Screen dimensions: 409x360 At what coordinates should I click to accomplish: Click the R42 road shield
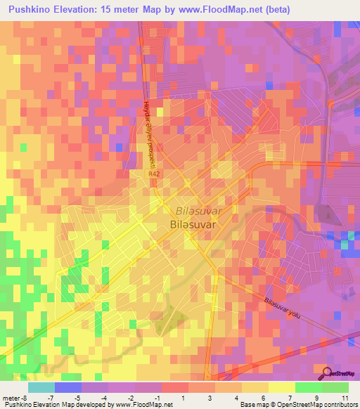click(153, 173)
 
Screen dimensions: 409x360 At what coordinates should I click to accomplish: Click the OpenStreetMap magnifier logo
click(328, 373)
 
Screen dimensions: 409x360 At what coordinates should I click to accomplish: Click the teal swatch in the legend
click(41, 387)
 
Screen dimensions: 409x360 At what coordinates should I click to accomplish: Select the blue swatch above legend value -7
click(68, 387)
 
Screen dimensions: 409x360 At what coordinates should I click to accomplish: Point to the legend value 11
click(345, 398)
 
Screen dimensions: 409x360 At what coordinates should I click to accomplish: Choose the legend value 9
click(318, 398)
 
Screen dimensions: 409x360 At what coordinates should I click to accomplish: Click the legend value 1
click(184, 398)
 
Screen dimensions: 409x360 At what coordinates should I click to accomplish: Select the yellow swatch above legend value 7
click(282, 387)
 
